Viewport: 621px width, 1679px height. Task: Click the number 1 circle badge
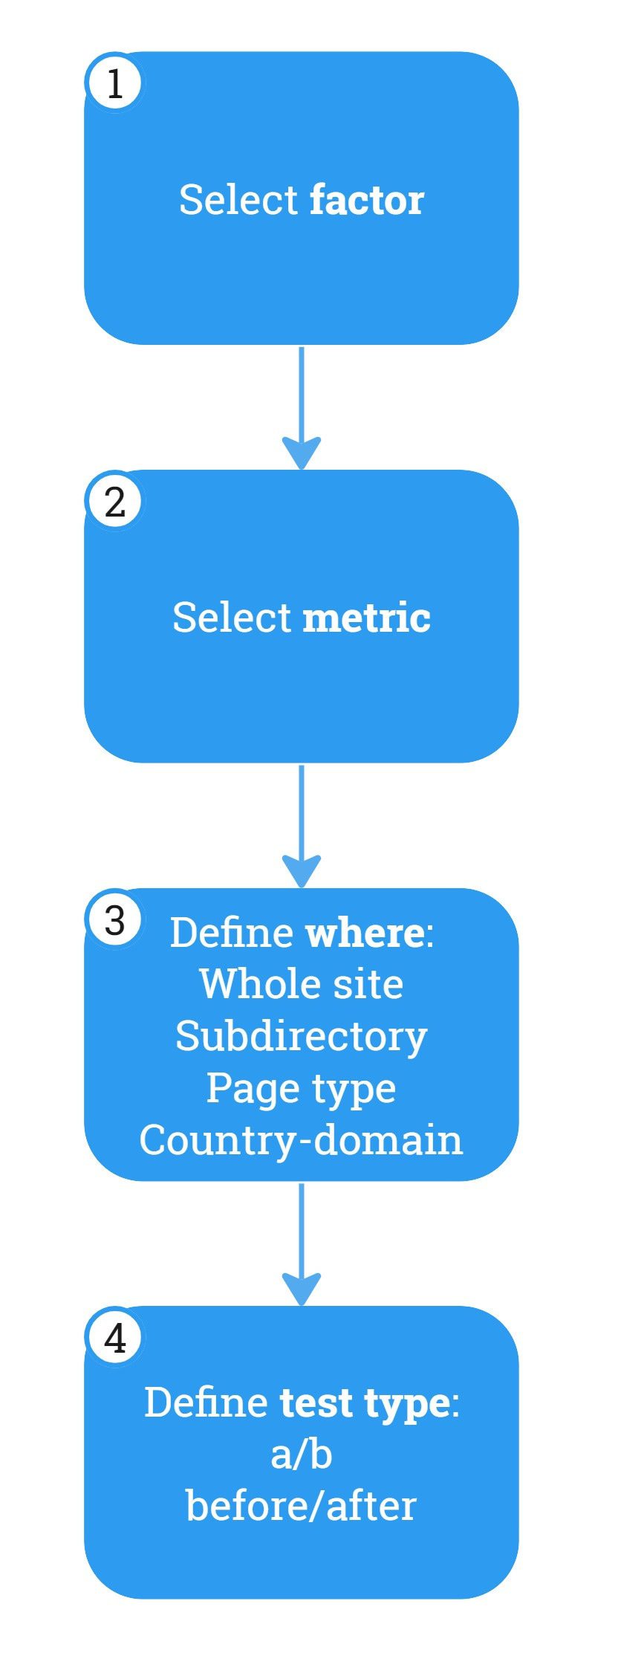point(115,83)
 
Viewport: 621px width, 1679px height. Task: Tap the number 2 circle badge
point(115,502)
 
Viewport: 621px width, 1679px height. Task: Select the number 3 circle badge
point(115,920)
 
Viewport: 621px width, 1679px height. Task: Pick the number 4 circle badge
point(115,1339)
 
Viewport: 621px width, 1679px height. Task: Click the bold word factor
point(367,200)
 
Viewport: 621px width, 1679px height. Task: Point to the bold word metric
point(367,618)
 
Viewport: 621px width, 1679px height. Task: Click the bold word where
point(365,932)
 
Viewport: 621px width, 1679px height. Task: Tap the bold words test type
point(365,1403)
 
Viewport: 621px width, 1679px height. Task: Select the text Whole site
point(302,984)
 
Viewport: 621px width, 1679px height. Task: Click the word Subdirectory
point(302,1036)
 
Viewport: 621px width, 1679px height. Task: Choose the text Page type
point(302,1088)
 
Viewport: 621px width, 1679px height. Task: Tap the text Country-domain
point(302,1140)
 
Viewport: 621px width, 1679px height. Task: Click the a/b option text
point(302,1455)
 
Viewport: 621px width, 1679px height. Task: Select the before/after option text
point(302,1507)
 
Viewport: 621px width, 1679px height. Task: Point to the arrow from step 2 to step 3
point(302,826)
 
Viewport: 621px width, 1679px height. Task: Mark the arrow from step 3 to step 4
point(302,1244)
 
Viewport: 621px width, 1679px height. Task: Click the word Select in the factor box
point(238,200)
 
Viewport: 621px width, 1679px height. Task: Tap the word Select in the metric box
point(232,618)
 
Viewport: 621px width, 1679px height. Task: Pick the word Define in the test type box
point(206,1403)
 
